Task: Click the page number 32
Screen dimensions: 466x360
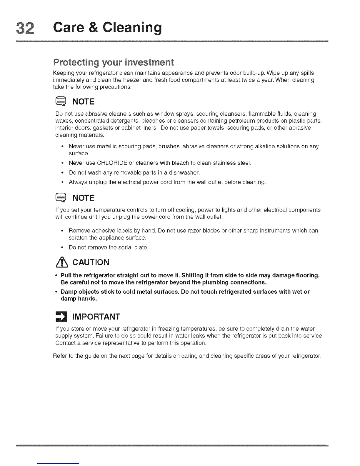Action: pos(26,28)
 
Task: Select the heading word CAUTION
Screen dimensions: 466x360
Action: pos(91,262)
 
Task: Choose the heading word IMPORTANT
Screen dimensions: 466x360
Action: pos(96,317)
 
